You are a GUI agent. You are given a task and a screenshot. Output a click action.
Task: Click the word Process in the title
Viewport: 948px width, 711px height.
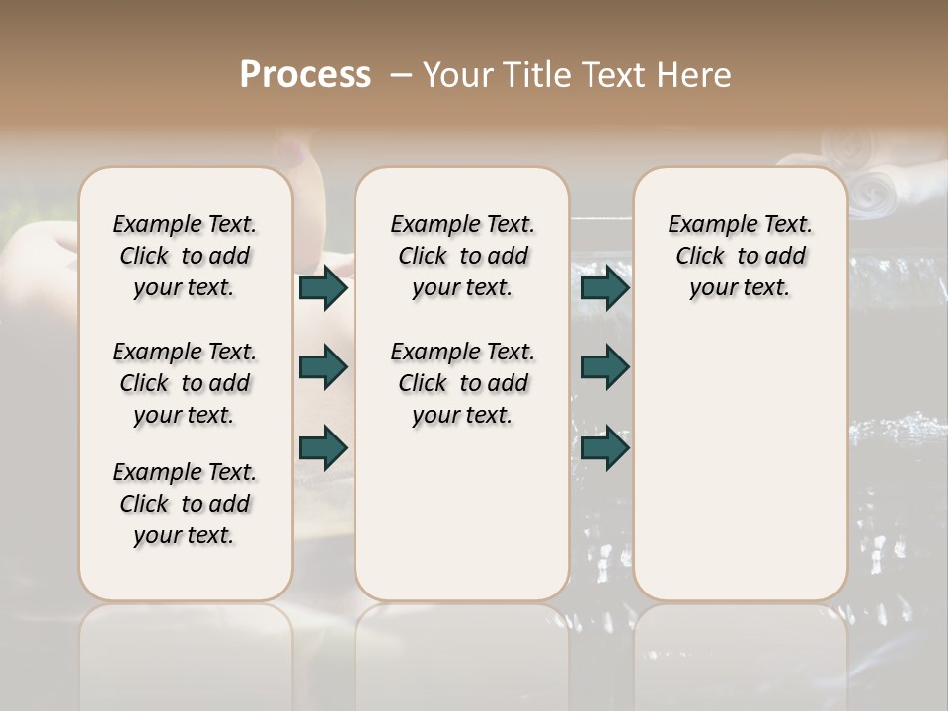click(305, 75)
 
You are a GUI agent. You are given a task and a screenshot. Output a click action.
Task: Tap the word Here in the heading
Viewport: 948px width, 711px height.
click(695, 75)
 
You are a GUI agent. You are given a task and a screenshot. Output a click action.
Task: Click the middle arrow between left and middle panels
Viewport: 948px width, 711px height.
click(323, 367)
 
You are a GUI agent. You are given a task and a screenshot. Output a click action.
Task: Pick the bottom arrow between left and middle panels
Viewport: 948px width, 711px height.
click(323, 447)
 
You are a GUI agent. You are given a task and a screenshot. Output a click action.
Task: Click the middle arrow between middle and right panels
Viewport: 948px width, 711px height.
click(604, 367)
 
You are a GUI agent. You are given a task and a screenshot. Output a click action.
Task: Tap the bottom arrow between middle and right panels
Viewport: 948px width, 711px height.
click(604, 447)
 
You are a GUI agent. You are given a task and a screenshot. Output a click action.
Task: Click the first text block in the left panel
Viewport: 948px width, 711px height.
click(185, 256)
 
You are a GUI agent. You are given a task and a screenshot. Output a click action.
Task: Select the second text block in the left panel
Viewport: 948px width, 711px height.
click(185, 383)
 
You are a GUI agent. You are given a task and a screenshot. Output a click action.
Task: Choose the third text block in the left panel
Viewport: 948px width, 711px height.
click(185, 504)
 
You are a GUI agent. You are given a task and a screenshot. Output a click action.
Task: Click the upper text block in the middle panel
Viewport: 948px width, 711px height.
click(462, 256)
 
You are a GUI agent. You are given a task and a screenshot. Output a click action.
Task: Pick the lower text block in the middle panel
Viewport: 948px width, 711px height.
click(462, 383)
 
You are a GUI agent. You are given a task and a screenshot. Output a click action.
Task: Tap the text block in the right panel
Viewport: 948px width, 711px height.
click(740, 256)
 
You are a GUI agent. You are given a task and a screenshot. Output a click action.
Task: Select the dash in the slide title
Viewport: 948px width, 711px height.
click(400, 75)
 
